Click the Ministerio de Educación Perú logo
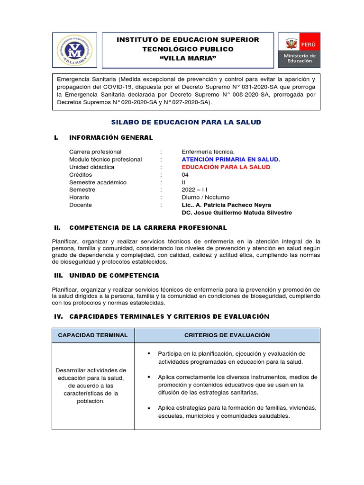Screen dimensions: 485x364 pyautogui.click(x=299, y=50)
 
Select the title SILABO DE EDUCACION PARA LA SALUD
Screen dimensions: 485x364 pyautogui.click(x=186, y=122)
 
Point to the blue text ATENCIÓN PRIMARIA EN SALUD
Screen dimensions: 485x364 pyautogui.click(x=231, y=160)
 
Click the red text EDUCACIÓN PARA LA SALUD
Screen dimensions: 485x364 pyautogui.click(x=226, y=167)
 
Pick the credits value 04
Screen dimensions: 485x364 pyautogui.click(x=185, y=175)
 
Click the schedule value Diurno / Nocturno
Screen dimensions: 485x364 pyautogui.click(x=205, y=198)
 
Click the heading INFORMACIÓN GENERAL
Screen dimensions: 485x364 pyautogui.click(x=111, y=138)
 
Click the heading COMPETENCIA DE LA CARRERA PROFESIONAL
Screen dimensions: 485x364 pyautogui.click(x=148, y=228)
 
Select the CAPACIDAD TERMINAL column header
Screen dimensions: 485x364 pyautogui.click(x=93, y=335)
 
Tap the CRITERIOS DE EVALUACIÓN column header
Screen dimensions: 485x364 pyautogui.click(x=227, y=335)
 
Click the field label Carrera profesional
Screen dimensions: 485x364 pyautogui.click(x=95, y=152)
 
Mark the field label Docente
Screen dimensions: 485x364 pyautogui.click(x=81, y=205)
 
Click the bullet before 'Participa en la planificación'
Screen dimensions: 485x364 pyautogui.click(x=148, y=354)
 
